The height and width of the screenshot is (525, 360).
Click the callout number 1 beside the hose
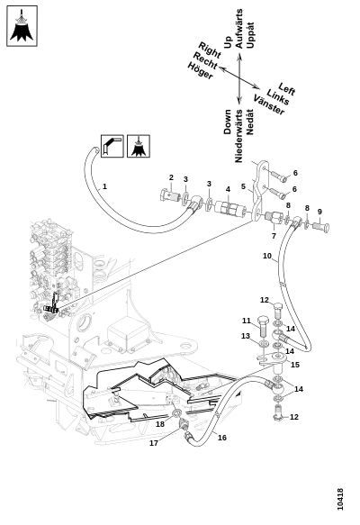104,186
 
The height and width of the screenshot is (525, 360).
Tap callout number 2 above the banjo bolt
171,177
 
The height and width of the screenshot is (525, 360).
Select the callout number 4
228,189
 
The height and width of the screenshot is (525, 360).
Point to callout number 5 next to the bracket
243,186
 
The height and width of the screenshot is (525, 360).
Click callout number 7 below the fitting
274,236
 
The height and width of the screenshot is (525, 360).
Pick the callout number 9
319,212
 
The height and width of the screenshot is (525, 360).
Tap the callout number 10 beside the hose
267,256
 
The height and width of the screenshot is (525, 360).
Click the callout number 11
247,321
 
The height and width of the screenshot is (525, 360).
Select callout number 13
246,336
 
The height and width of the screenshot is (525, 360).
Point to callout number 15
295,365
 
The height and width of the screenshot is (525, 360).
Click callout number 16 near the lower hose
222,438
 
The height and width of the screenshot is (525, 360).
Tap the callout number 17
154,443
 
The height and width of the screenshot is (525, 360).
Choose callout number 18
160,424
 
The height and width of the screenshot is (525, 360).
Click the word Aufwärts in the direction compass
238,29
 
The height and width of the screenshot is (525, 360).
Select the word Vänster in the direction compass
269,104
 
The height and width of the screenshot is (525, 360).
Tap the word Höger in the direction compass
200,71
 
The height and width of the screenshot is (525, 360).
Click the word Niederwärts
238,136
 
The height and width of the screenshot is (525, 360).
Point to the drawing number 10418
340,499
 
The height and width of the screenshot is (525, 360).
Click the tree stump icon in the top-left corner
22,26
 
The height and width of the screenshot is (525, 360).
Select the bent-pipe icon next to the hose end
112,146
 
